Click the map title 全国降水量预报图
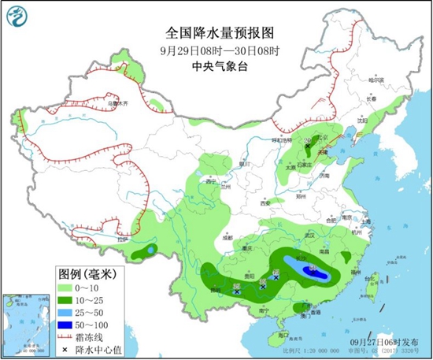[220, 34]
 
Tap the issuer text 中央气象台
[220, 68]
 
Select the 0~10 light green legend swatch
[68, 290]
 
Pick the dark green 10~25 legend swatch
[68, 302]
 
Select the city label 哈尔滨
[380, 80]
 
